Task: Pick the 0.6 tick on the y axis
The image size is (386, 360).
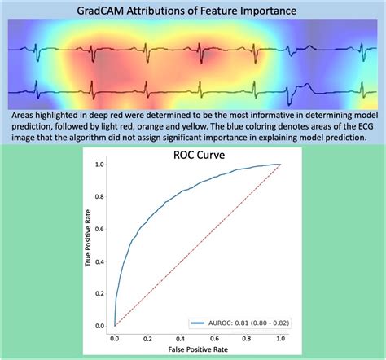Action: pos(101,229)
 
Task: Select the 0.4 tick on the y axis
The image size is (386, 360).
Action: pos(101,261)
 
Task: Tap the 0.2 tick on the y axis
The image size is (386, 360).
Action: pos(101,293)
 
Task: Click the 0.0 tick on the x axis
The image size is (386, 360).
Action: pos(116,336)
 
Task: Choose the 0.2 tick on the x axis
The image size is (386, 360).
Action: pos(148,336)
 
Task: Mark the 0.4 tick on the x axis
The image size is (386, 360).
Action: pos(182,336)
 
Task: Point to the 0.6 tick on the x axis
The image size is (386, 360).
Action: pos(214,336)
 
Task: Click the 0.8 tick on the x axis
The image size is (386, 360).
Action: pos(247,336)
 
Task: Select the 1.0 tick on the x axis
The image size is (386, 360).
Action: pos(280,336)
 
